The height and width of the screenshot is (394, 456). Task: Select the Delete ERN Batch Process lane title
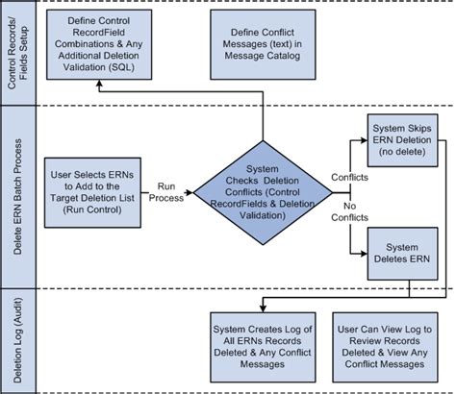16,192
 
